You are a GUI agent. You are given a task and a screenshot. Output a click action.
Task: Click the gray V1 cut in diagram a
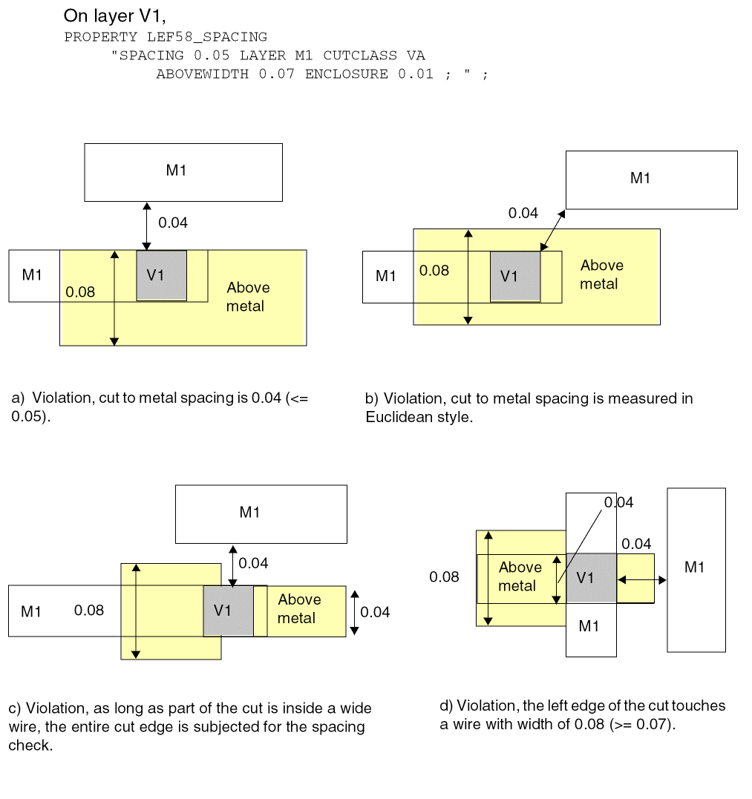tap(161, 275)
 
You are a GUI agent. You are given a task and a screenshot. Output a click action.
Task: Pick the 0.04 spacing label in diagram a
tap(173, 223)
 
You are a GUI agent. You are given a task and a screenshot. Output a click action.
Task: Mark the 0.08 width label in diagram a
tap(80, 292)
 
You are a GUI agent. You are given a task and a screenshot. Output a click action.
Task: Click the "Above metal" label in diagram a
tap(248, 297)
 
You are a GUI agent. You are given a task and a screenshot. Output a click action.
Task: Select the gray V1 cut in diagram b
tap(514, 276)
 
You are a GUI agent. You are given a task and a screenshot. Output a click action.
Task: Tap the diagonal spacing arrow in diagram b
tap(552, 230)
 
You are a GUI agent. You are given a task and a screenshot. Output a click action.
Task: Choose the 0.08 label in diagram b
tap(434, 271)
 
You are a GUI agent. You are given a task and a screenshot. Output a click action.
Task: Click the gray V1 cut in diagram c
tap(228, 611)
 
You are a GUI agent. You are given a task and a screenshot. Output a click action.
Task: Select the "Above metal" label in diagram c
tap(299, 608)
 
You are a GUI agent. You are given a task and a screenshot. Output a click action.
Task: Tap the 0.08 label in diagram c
tap(89, 611)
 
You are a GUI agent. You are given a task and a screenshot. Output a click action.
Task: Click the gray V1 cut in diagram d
tap(591, 578)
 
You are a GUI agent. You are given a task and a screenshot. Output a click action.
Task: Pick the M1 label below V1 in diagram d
tap(589, 626)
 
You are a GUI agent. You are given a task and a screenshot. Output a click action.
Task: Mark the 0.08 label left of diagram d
tap(444, 576)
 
